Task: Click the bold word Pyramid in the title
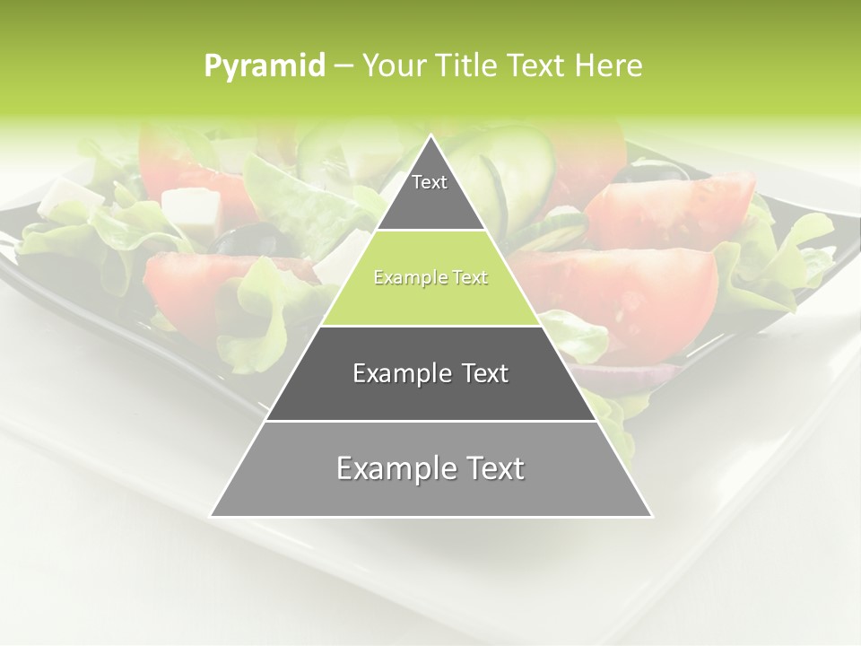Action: [x=265, y=66]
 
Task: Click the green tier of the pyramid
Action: [x=430, y=287]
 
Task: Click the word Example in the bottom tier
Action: [x=390, y=469]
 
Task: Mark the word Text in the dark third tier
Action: [x=482, y=373]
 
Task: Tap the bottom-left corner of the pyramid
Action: [x=213, y=515]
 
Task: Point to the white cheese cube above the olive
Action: [x=191, y=209]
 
